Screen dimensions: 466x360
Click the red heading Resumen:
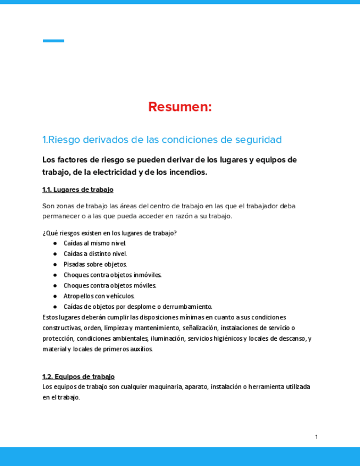[180, 107]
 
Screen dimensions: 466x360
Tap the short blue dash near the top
[53, 41]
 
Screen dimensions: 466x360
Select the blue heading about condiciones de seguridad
[162, 140]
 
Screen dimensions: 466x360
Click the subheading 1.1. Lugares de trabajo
[77, 190]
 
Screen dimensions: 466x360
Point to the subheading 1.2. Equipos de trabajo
[78, 376]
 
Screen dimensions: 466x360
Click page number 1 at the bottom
[317, 437]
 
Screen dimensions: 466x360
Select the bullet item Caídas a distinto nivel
[95, 253]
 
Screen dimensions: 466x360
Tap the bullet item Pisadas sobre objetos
[95, 264]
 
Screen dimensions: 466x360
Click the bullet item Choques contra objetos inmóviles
[112, 275]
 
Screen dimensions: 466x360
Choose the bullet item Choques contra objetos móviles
[110, 285]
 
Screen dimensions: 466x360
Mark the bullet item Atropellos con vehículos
[99, 296]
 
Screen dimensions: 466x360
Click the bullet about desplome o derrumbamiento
[137, 307]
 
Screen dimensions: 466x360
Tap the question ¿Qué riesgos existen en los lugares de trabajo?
[109, 232]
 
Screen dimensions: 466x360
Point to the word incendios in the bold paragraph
[187, 172]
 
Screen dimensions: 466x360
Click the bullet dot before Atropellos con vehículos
[56, 296]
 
